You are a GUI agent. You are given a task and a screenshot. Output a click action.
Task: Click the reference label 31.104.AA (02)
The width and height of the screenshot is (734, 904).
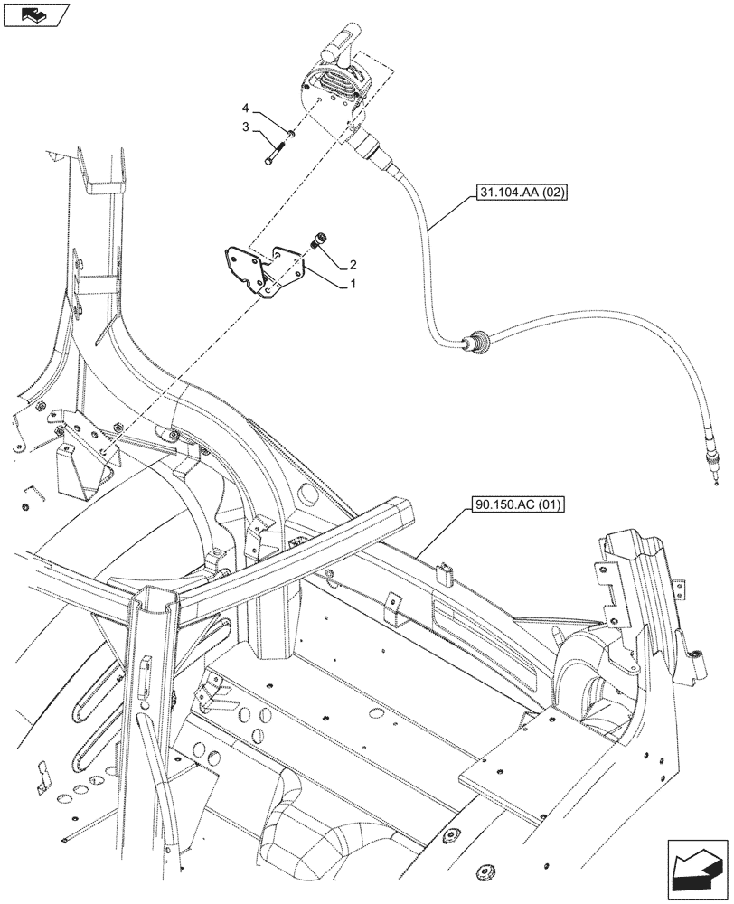tap(517, 193)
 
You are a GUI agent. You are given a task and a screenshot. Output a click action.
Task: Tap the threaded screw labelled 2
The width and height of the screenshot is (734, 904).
tap(316, 240)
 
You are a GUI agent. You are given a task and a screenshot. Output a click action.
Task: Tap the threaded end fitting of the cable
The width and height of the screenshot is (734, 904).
tap(713, 470)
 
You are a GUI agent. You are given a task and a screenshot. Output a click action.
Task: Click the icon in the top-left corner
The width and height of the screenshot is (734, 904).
tap(36, 14)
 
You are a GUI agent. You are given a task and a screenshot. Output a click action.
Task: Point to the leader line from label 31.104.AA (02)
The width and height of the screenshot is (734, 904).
tap(449, 214)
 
